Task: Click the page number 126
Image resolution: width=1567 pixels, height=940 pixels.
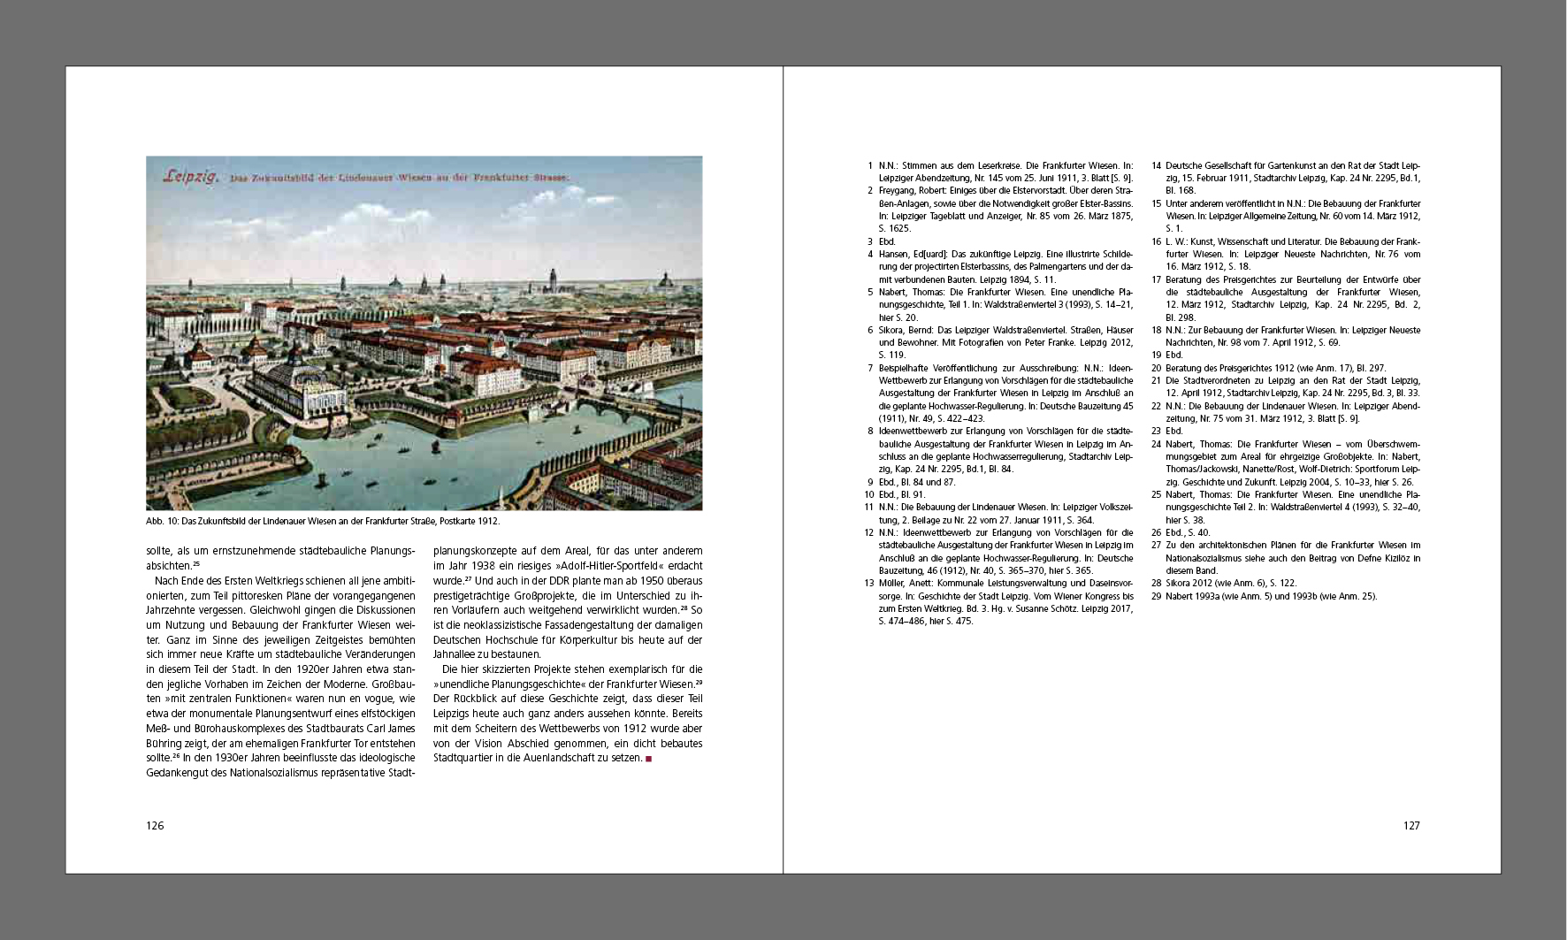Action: coord(155,826)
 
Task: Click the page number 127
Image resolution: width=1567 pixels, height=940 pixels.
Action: coord(1410,826)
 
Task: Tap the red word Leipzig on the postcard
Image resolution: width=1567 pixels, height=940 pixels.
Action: coord(192,177)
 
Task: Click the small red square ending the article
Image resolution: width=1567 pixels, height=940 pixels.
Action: coord(648,758)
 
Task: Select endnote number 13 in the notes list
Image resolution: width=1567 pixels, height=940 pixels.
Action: coord(868,584)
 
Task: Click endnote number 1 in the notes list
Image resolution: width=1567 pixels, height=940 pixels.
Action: coord(870,165)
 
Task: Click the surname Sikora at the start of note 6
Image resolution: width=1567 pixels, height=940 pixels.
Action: coord(892,330)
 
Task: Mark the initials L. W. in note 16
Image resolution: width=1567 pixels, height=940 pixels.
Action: coord(1175,241)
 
